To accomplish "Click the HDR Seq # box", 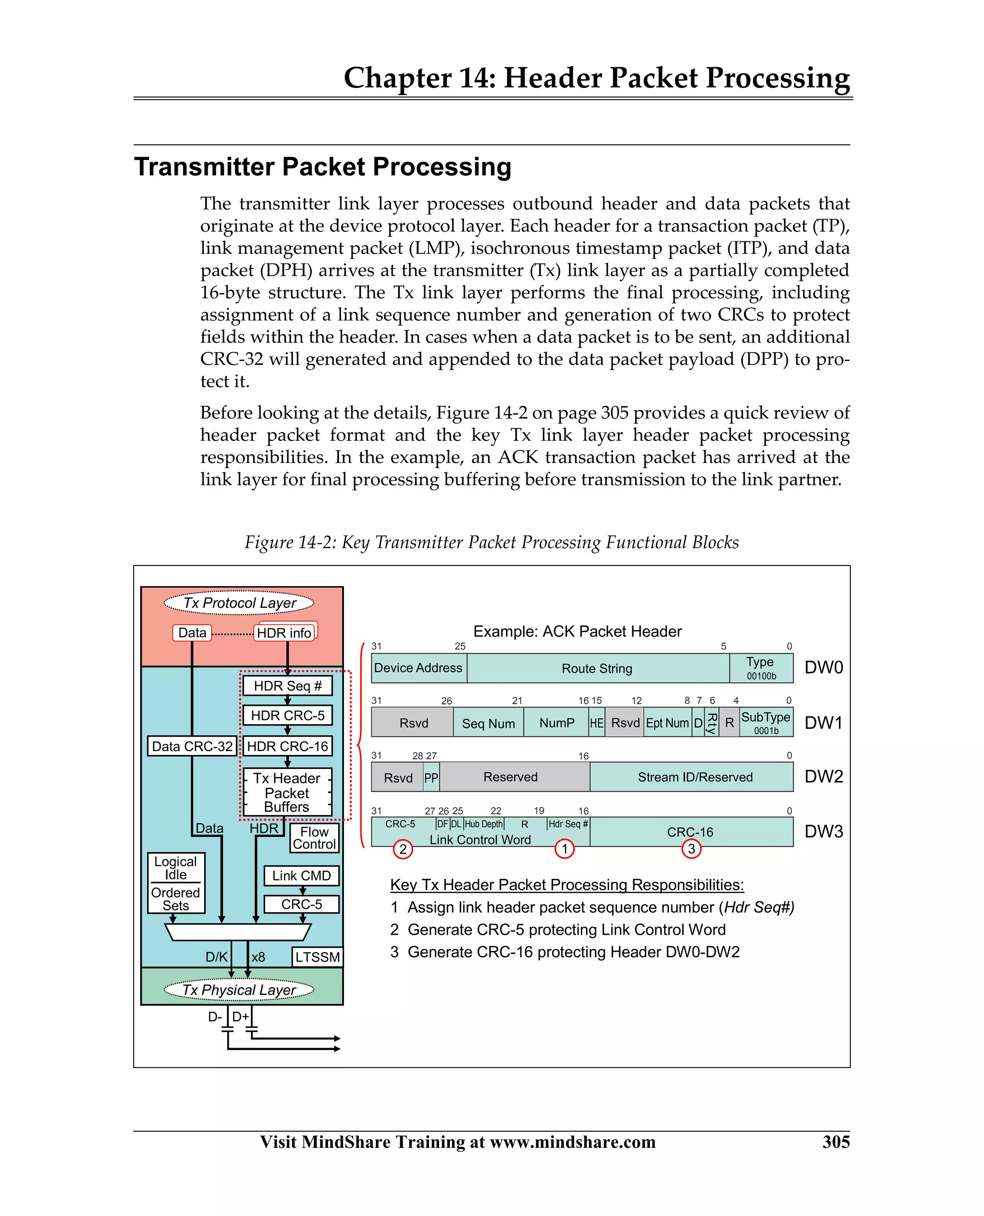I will pyautogui.click(x=287, y=686).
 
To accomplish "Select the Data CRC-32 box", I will pyautogui.click(x=192, y=746).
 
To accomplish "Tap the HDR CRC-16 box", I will pyautogui.click(x=287, y=746).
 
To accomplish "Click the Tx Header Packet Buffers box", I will pyautogui.click(x=287, y=792).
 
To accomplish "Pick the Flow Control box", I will pyautogui.click(x=315, y=838).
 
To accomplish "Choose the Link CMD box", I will pyautogui.click(x=302, y=876).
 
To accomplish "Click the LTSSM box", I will pyautogui.click(x=318, y=957).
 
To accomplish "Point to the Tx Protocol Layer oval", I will pyautogui.click(x=239, y=603).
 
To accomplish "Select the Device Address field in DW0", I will pyautogui.click(x=418, y=668).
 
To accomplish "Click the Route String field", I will pyautogui.click(x=597, y=669).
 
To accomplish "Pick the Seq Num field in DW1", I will pyautogui.click(x=489, y=724).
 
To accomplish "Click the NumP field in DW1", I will pyautogui.click(x=556, y=723).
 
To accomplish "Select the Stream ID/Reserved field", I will pyautogui.click(x=695, y=777).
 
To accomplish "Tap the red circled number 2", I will pyautogui.click(x=403, y=849).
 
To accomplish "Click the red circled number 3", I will pyautogui.click(x=691, y=849).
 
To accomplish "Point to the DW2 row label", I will pyautogui.click(x=824, y=777).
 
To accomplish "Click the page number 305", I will pyautogui.click(x=836, y=1141).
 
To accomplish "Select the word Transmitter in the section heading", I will pyautogui.click(x=205, y=167).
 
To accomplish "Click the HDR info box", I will pyautogui.click(x=284, y=633).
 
